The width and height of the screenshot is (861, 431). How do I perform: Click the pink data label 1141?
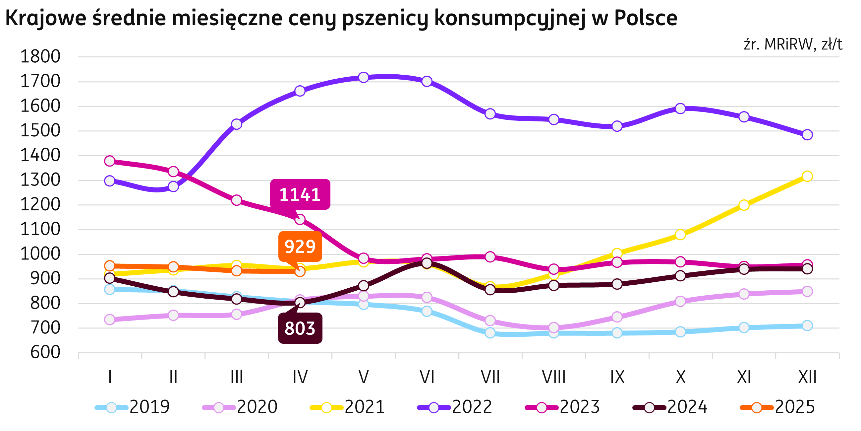click(x=300, y=194)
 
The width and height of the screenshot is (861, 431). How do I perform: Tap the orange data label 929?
click(x=300, y=247)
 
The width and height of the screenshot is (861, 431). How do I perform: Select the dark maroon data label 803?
click(x=300, y=328)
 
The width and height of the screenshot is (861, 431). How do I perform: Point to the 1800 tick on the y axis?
click(x=40, y=57)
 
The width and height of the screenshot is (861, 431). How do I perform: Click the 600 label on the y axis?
click(x=45, y=352)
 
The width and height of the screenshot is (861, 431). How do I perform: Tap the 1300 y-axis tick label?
click(x=40, y=180)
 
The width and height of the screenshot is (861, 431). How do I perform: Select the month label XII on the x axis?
click(x=807, y=378)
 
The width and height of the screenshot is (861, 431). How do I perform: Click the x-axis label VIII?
click(x=553, y=378)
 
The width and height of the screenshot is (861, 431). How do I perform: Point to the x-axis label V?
click(x=363, y=378)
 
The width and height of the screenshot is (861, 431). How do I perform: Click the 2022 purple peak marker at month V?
click(x=363, y=77)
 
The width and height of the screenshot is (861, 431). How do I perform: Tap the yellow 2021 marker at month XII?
click(x=807, y=176)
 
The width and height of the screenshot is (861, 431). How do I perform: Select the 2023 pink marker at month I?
click(x=110, y=161)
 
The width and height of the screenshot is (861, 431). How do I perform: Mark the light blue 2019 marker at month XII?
click(x=807, y=325)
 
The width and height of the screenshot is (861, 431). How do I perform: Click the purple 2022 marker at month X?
click(x=680, y=108)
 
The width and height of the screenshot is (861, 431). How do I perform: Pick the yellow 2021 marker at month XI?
click(x=744, y=205)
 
